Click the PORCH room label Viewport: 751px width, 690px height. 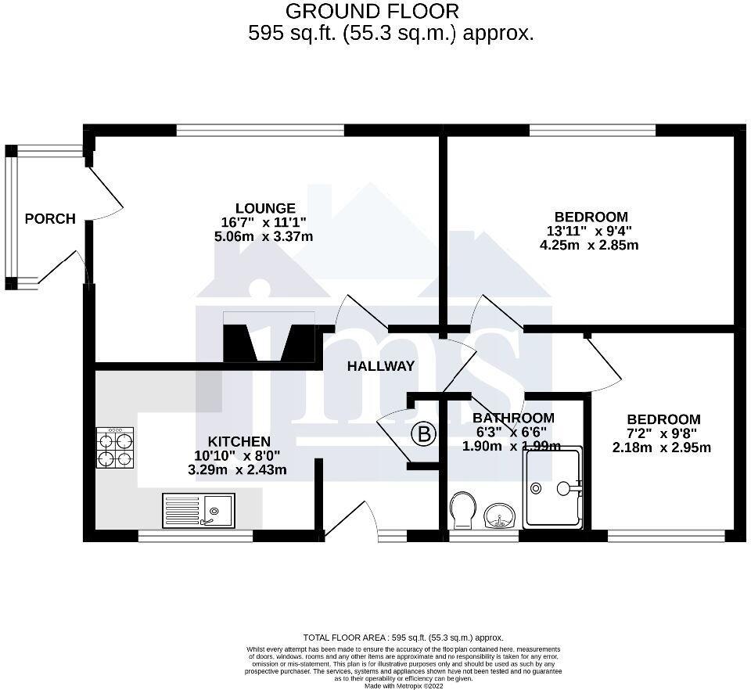[x=50, y=219]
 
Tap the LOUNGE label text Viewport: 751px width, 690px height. [x=265, y=208]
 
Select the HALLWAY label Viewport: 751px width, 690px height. [x=381, y=366]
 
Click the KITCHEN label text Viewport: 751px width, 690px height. [x=239, y=441]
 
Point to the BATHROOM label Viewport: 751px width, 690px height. [x=513, y=418]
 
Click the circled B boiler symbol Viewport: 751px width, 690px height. [x=424, y=435]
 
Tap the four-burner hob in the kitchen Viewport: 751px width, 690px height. [x=116, y=447]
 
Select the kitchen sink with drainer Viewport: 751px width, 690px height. [x=199, y=511]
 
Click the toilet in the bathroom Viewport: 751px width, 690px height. [x=464, y=510]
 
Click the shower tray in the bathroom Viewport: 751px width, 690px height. [x=553, y=487]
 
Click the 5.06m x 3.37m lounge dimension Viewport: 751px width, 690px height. [x=264, y=236]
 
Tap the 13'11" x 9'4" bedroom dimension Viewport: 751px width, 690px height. [x=589, y=231]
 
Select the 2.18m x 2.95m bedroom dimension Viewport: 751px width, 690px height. [x=662, y=447]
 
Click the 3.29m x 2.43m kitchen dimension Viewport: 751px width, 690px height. [x=238, y=469]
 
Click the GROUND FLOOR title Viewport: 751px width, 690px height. [x=372, y=10]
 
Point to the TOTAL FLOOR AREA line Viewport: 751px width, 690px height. [x=404, y=638]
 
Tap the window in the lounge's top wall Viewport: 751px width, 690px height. [x=260, y=129]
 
